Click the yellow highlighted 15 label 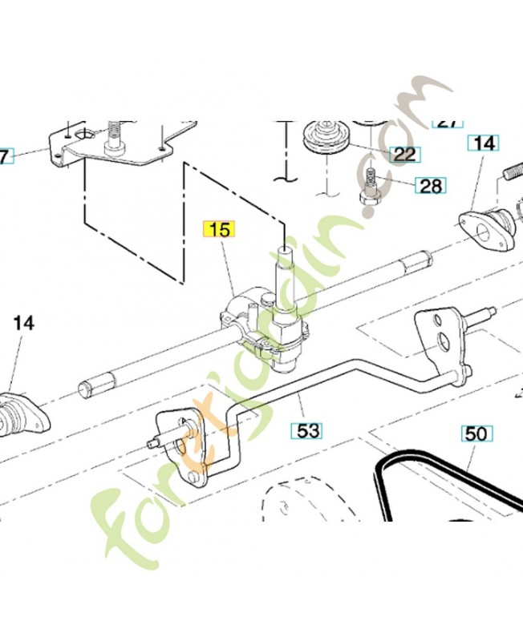219,229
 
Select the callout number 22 404,154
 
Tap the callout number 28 430,187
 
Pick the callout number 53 308,430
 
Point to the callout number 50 476,433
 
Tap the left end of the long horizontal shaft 86,389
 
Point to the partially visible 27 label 448,123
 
